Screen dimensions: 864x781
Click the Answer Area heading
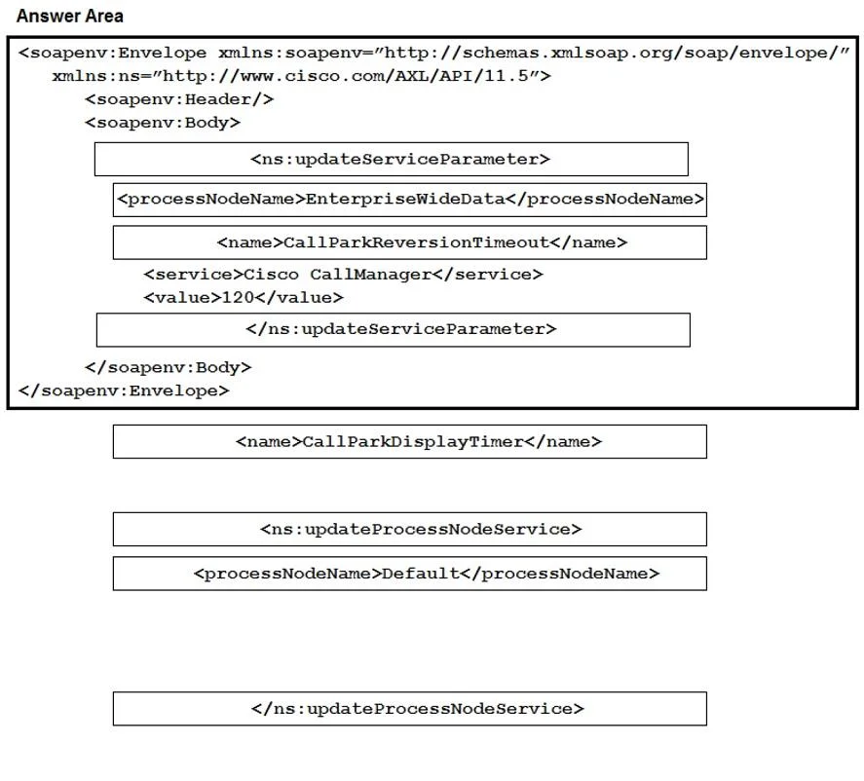(x=69, y=16)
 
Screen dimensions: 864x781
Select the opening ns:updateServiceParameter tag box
(x=392, y=159)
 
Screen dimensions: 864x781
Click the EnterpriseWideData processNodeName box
(x=410, y=200)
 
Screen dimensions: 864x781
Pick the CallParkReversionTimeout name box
(x=410, y=242)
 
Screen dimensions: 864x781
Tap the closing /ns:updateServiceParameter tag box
(x=394, y=330)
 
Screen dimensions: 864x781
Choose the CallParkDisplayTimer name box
(x=410, y=442)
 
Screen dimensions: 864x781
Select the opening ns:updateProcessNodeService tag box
(x=410, y=530)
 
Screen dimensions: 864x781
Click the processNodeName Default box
(x=410, y=574)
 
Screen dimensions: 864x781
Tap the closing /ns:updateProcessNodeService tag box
(x=410, y=709)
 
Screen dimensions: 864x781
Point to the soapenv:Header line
(x=179, y=99)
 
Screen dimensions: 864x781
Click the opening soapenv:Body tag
(x=163, y=123)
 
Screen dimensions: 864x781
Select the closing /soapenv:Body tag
(x=169, y=367)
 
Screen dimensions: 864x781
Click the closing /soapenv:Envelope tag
(x=124, y=391)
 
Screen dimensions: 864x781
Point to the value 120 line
(x=243, y=298)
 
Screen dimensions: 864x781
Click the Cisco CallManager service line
(x=343, y=275)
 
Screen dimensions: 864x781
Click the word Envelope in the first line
(x=162, y=53)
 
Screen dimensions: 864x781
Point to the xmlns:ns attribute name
(x=95, y=75)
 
